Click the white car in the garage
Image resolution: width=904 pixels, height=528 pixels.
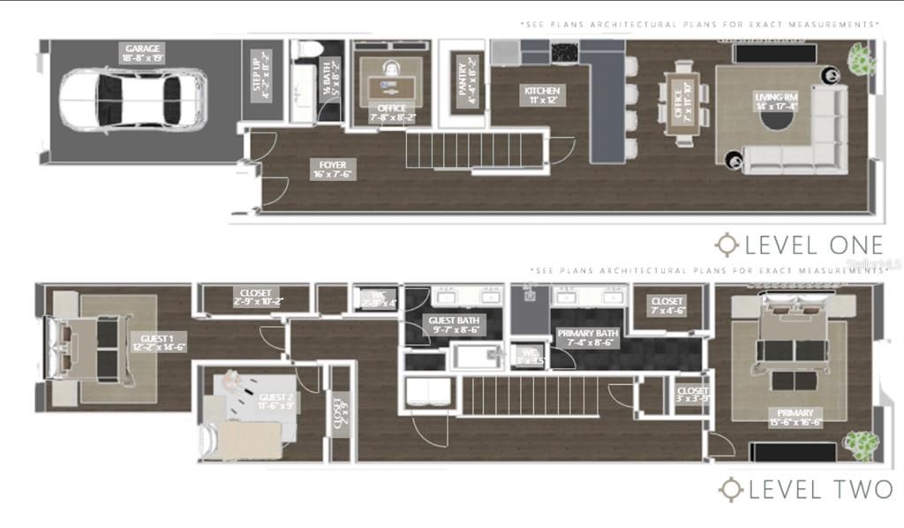coord(132,100)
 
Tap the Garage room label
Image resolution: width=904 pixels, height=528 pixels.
coord(142,54)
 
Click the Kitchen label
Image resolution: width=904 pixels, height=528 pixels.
coord(542,95)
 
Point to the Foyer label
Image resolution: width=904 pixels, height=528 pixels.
coord(333,169)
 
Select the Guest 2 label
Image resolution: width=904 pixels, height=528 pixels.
coord(276,403)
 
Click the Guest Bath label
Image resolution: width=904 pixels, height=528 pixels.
coord(453,324)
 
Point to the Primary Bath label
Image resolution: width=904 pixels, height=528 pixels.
coord(587,338)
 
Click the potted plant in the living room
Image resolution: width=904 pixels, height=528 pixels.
coord(862,59)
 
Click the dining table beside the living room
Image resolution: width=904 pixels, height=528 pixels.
coord(683,102)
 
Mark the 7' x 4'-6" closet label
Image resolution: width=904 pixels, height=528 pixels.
coord(667,305)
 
